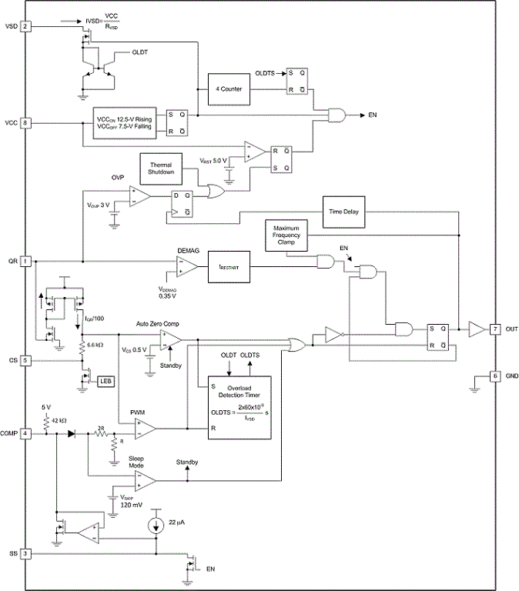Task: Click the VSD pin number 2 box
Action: coord(25,27)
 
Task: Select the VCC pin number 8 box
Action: coord(25,122)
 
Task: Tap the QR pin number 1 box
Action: coord(25,261)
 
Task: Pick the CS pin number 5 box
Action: coord(25,359)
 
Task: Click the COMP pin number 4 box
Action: coord(25,433)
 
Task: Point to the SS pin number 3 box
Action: coord(25,553)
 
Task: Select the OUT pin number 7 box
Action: coord(494,329)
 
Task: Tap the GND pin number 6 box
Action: coord(494,376)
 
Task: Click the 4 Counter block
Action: coord(229,89)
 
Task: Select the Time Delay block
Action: coord(345,211)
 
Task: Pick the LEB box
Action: coord(103,380)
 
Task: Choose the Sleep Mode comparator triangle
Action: coord(145,481)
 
